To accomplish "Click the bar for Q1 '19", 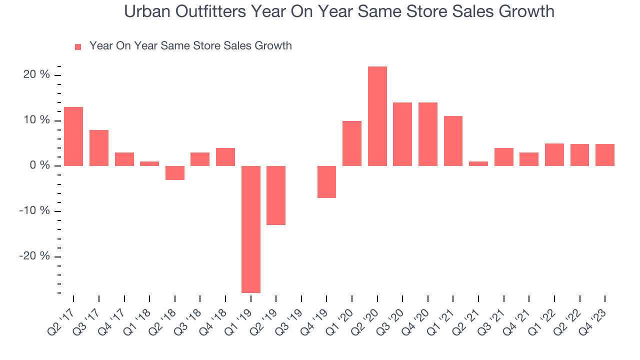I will pos(250,229).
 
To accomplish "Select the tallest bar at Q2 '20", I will pos(377,116).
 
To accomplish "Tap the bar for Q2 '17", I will pos(73,136).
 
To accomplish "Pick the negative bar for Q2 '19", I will pos(276,195).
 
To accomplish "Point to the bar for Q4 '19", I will pos(326,182).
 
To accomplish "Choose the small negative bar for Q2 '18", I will pos(174,173).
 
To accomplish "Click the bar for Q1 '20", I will pos(352,143).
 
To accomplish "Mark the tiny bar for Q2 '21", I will pos(478,163).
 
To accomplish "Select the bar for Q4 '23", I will pos(605,155).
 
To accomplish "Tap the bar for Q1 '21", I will pos(453,141).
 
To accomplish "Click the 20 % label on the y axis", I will pos(36,75).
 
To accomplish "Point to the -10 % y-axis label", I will pos(34,210).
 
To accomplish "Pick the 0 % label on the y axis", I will pos(39,165).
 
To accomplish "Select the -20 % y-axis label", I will pos(34,256).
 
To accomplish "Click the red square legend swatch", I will pos(78,47).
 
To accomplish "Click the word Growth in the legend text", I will pos(273,46).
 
